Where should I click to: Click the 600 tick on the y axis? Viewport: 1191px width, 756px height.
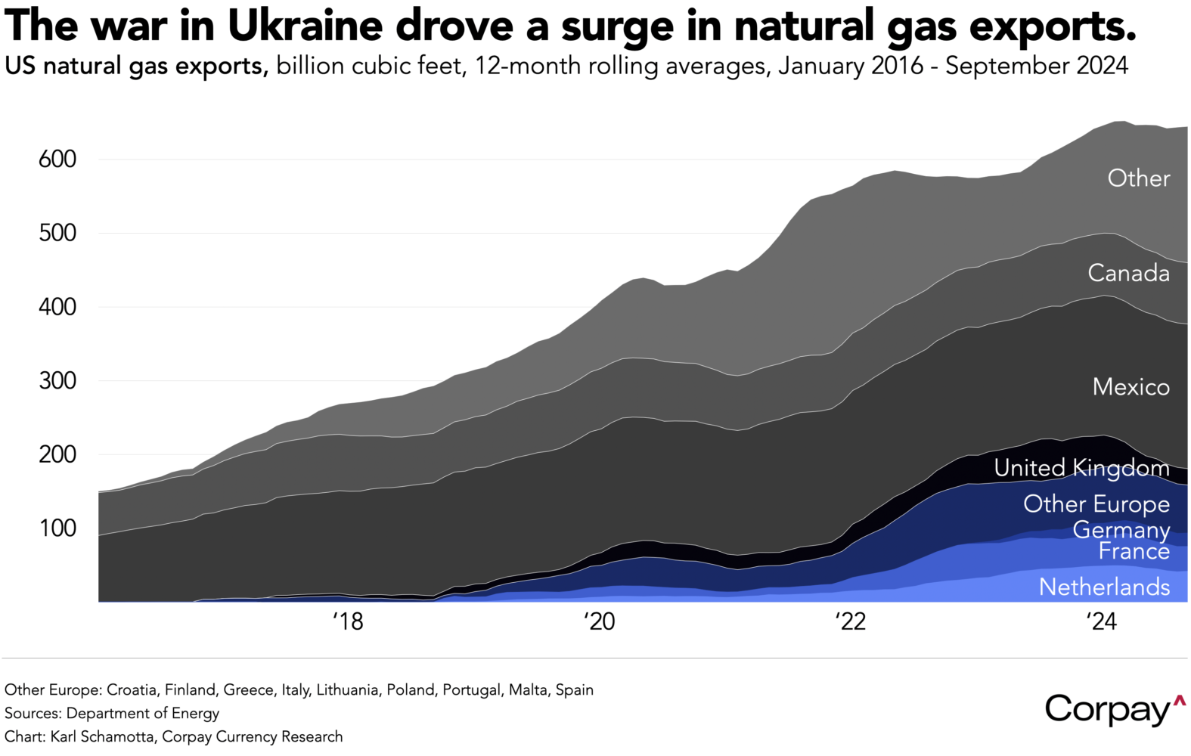[x=57, y=160]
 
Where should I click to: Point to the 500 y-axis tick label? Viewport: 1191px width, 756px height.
[x=57, y=233]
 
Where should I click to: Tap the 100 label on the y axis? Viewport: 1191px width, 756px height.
[x=57, y=528]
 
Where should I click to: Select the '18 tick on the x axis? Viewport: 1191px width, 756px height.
[x=348, y=621]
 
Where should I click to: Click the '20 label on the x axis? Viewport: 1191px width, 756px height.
[x=600, y=621]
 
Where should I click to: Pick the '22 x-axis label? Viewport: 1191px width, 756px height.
[x=851, y=621]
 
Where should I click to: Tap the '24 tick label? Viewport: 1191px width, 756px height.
[x=1102, y=621]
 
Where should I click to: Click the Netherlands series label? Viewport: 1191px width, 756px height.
[x=1104, y=587]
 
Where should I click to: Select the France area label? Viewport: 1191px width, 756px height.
[x=1134, y=551]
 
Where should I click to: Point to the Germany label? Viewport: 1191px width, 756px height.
[x=1121, y=530]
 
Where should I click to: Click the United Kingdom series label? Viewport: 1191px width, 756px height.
[x=1081, y=468]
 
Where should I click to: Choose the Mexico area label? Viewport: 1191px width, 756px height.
[x=1131, y=387]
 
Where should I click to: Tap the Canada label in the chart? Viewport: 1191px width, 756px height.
[x=1128, y=273]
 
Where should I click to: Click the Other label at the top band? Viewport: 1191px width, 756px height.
[x=1138, y=178]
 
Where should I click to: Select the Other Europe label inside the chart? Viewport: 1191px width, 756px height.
[x=1096, y=503]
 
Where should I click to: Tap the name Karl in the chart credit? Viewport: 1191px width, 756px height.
[x=64, y=736]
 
